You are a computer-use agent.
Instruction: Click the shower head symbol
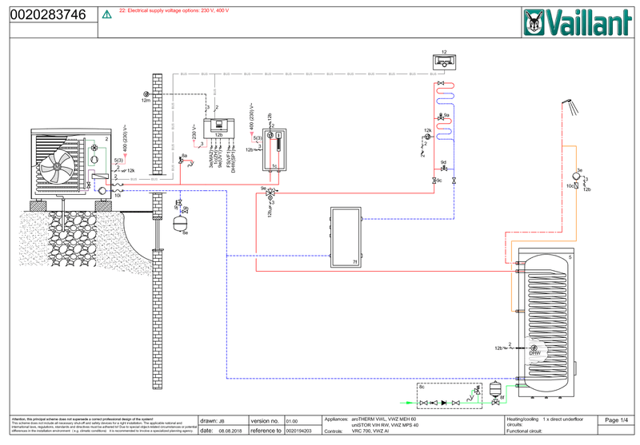(x=569, y=104)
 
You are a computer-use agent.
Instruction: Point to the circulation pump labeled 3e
(x=578, y=177)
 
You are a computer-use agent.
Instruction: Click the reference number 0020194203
(x=299, y=431)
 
